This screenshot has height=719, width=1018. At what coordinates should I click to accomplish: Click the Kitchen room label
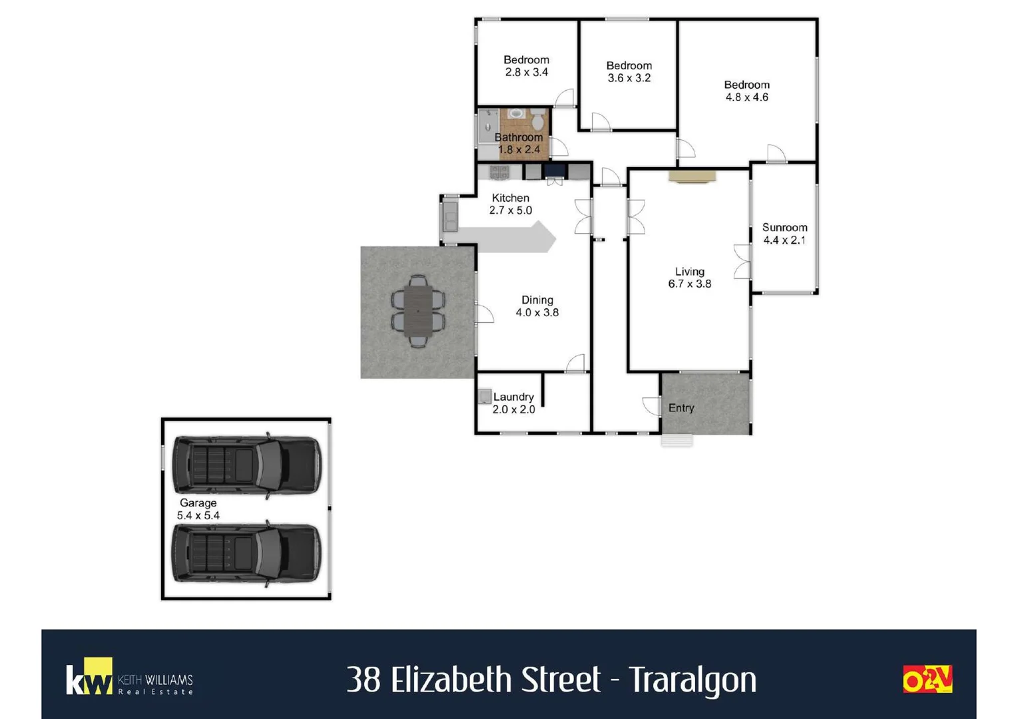tap(511, 204)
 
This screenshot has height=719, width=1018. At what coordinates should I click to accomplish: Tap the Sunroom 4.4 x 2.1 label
tap(784, 234)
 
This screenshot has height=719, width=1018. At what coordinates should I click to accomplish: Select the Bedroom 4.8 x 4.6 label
tap(746, 91)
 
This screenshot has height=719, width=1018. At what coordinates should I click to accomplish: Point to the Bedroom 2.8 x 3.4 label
tap(526, 66)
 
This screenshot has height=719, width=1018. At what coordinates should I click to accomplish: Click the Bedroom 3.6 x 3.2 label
tap(629, 72)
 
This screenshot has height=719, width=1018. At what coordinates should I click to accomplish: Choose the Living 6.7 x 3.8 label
tap(690, 278)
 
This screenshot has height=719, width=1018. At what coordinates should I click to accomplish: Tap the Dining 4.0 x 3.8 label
tap(537, 306)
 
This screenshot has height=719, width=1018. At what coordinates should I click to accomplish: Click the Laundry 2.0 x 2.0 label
tap(513, 403)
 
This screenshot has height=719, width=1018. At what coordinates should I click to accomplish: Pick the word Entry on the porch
tap(681, 408)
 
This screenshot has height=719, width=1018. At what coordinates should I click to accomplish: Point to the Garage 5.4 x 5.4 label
tap(198, 509)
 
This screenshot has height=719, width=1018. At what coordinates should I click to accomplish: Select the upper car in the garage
tap(246, 465)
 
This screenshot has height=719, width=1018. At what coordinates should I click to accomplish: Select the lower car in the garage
tap(246, 553)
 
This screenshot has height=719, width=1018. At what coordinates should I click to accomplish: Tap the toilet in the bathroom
tap(537, 120)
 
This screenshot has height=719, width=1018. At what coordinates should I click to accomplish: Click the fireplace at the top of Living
tap(692, 176)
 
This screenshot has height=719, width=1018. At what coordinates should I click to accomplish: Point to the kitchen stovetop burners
tap(499, 172)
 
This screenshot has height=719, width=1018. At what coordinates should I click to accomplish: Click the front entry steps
tap(676, 441)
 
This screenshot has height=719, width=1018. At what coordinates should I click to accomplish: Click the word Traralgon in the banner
tap(692, 680)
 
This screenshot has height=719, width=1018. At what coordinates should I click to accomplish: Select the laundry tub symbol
tap(485, 397)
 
